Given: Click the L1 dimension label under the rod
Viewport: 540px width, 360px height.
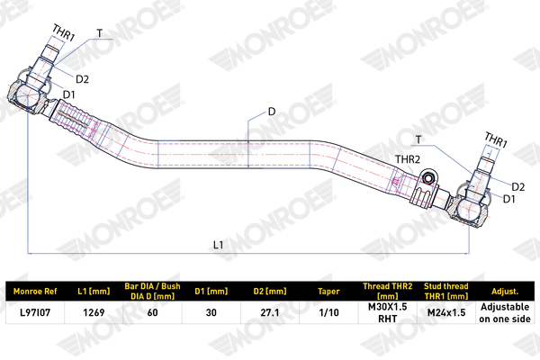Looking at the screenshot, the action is click(x=219, y=245).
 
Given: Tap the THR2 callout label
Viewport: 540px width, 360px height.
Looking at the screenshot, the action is click(x=408, y=159).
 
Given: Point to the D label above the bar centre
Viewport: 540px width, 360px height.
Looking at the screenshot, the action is click(x=272, y=112).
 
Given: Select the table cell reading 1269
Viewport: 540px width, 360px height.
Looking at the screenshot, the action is click(x=94, y=312).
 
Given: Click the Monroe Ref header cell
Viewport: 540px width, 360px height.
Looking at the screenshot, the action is click(x=35, y=291).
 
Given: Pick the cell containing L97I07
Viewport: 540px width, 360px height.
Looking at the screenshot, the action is click(x=35, y=312).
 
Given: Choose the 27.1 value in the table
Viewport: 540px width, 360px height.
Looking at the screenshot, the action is click(x=270, y=312).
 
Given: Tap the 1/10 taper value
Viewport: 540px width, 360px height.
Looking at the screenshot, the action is click(x=328, y=312).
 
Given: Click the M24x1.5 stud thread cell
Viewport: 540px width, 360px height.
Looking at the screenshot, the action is click(x=446, y=312).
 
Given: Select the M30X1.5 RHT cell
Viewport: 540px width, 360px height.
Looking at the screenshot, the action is click(x=388, y=312).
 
